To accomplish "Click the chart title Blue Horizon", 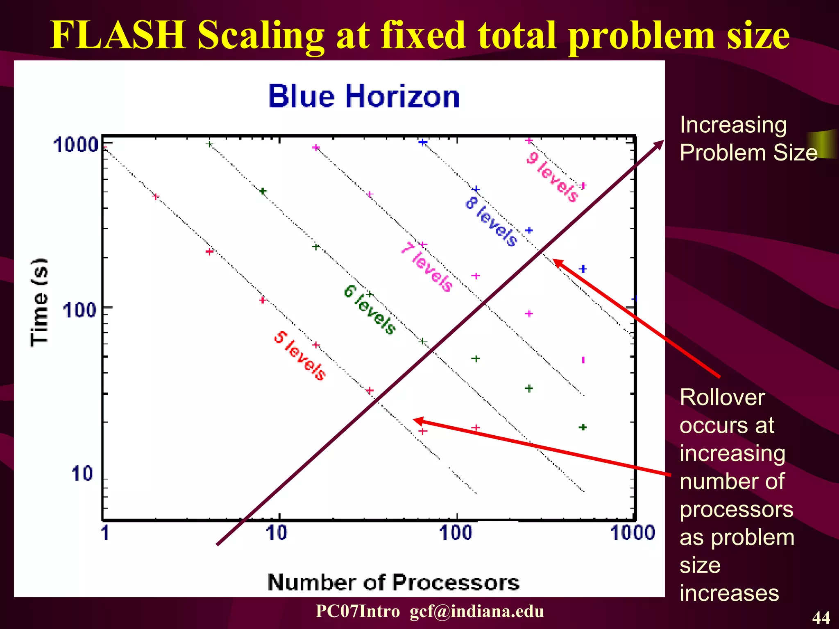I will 364,97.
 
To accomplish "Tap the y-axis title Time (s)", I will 39,302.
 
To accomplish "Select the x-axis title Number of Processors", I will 393,582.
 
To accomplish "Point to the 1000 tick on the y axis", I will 76,145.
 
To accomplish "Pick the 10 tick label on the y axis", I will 82,474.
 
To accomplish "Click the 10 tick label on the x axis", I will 277,533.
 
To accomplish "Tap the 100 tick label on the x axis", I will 456,533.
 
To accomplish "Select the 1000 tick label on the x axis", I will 633,533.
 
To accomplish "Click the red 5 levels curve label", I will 300,355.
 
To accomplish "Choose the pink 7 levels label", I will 427,267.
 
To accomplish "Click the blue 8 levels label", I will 491,222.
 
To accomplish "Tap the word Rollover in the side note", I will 722,397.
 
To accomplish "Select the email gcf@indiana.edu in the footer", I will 477,611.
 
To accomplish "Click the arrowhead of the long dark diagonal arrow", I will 660,144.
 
